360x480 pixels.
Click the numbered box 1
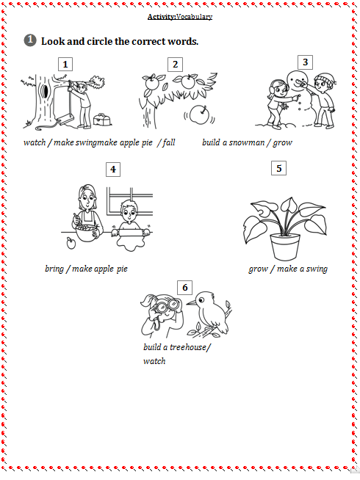point(65,64)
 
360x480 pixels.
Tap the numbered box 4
point(113,170)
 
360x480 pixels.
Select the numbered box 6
point(184,288)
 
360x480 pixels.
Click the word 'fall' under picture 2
point(169,142)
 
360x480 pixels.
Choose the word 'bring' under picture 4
point(54,269)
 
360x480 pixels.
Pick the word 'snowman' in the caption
point(247,142)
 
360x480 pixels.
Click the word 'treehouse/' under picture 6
point(190,347)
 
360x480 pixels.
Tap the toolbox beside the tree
point(101,119)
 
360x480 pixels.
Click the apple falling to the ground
point(199,114)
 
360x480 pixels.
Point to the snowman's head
point(298,80)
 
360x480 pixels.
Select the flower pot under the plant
point(285,247)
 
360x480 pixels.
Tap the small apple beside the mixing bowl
point(71,244)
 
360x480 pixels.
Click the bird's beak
point(192,303)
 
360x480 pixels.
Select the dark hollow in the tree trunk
point(46,91)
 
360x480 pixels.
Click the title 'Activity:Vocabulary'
point(180,17)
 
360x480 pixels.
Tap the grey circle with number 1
point(30,40)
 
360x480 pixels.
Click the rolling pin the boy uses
point(131,233)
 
